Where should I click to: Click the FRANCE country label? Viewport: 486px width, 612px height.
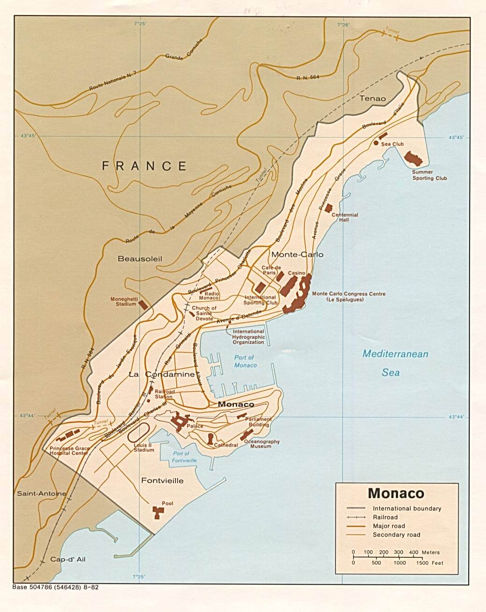[144, 166]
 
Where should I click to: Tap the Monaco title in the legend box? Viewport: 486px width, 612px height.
[396, 493]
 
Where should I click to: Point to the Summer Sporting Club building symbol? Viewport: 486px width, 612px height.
[413, 158]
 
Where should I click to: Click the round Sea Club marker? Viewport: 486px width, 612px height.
[376, 143]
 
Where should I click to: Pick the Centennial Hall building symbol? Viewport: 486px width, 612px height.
[329, 208]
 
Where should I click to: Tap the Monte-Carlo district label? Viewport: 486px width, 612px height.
[297, 254]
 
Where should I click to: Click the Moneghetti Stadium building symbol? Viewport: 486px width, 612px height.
[144, 303]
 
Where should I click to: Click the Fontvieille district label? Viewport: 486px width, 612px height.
[162, 481]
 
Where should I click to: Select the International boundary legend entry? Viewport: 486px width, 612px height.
[406, 508]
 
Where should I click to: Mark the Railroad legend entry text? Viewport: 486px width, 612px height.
[385, 517]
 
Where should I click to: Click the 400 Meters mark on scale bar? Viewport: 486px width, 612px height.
[414, 553]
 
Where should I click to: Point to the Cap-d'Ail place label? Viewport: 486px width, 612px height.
[68, 559]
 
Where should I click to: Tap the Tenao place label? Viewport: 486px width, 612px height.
[373, 98]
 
